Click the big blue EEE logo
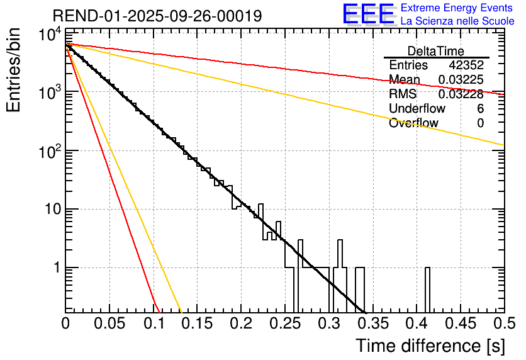point(368,14)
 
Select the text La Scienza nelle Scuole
point(457,21)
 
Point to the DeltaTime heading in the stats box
point(436,51)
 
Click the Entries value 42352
point(466,65)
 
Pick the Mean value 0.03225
point(461,80)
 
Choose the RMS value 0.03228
point(461,94)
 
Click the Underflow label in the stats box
point(417,109)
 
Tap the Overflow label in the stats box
point(413,123)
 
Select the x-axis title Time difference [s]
point(429,346)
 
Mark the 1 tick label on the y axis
point(55,268)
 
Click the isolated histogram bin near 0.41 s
point(428,290)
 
